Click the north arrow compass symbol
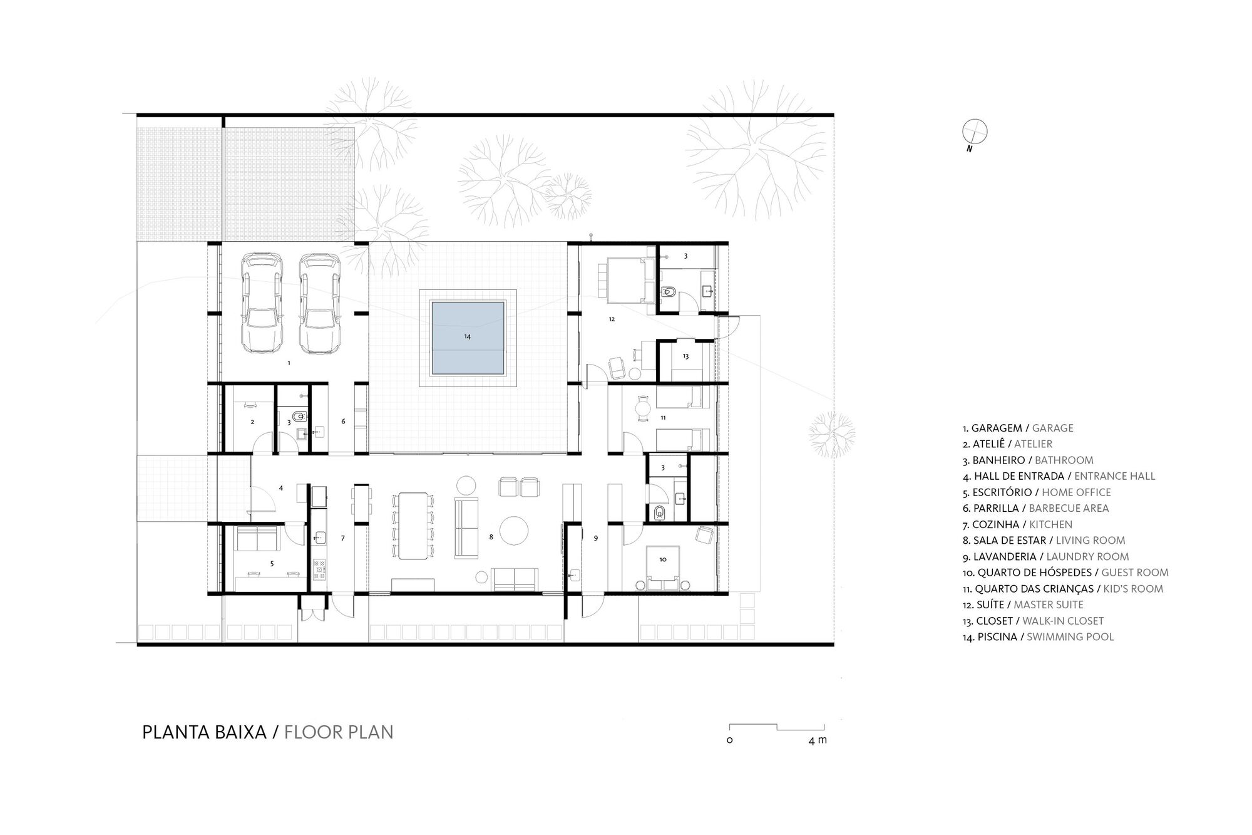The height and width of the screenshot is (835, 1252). click(975, 132)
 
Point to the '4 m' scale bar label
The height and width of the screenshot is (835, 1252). click(818, 740)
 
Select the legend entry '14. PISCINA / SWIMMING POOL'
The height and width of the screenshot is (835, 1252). click(1038, 637)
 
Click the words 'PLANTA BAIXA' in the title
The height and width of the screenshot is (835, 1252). click(204, 732)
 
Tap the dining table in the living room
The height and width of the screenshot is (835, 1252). click(411, 526)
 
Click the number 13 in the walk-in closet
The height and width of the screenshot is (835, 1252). click(685, 356)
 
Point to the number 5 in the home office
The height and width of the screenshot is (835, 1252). click(272, 564)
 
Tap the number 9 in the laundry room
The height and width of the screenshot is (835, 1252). click(595, 538)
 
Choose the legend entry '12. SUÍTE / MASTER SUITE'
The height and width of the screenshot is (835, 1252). click(1023, 605)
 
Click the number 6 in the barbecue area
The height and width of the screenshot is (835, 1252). click(343, 422)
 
